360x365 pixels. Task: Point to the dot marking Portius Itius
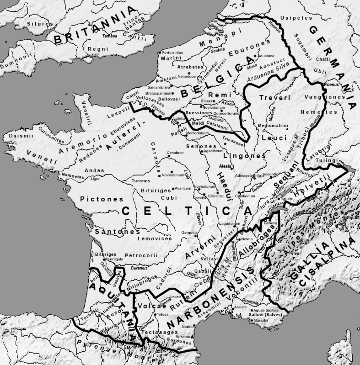[160, 53]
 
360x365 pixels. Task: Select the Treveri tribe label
[275, 98]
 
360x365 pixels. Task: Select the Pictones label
[102, 199]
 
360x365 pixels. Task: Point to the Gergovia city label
[188, 233]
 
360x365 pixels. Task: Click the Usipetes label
[296, 18]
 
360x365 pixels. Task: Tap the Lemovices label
[155, 239]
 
